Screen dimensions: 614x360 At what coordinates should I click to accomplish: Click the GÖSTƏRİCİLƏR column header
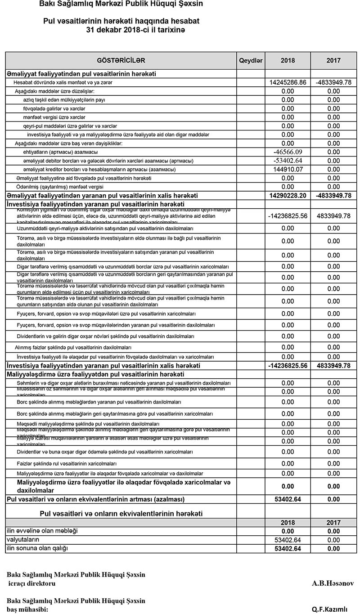121,60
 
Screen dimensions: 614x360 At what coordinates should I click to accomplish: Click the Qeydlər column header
251,60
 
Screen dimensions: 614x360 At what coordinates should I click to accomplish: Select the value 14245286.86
288,83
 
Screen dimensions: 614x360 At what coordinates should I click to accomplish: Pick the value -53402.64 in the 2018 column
288,161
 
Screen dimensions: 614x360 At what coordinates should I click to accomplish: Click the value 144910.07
288,170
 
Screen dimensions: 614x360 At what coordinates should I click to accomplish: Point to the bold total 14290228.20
288,196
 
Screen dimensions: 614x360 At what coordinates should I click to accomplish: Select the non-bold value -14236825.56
288,216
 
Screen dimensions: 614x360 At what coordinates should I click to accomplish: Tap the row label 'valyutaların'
22,539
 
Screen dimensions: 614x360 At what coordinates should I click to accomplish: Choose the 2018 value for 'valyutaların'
288,540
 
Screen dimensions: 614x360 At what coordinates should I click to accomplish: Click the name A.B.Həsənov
333,583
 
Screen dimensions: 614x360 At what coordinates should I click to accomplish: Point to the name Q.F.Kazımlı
330,610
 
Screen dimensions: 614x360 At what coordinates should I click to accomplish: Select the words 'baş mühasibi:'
27,610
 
